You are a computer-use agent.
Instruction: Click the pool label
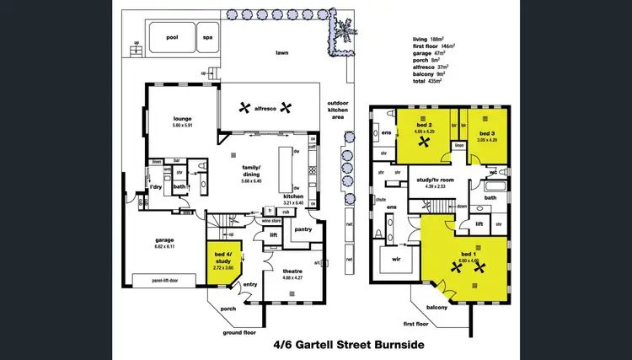click(172, 37)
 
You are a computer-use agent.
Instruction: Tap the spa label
click(207, 37)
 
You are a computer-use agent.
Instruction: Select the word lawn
click(281, 53)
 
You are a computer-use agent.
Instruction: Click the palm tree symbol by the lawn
click(343, 32)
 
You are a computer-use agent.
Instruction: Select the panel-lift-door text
click(169, 280)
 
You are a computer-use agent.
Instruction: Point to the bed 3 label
click(486, 134)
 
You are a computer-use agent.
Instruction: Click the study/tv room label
click(436, 180)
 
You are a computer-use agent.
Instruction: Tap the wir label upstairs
click(395, 261)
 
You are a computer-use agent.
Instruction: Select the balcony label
click(437, 309)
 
